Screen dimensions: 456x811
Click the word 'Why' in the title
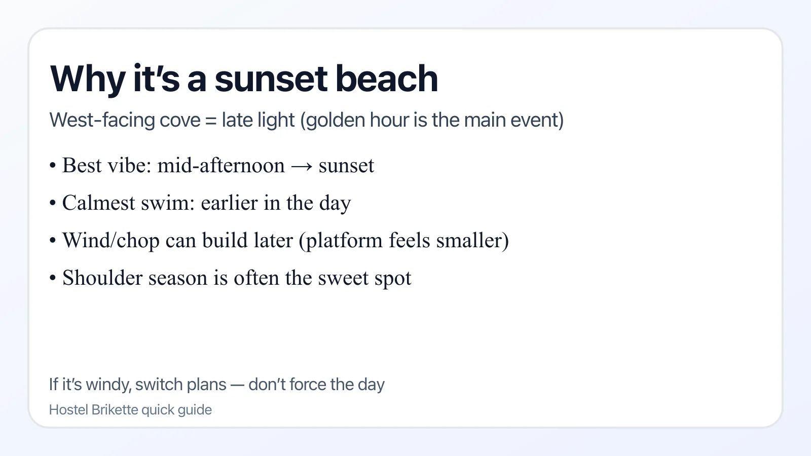[87, 80]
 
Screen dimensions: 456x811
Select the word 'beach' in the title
[386, 80]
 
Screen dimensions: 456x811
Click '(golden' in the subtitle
[333, 121]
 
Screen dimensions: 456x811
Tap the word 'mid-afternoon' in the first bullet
[221, 166]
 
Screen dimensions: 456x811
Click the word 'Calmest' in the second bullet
[99, 203]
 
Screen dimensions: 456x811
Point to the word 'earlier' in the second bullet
[229, 203]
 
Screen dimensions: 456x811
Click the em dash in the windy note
[237, 385]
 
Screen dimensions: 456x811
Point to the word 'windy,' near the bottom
[109, 385]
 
